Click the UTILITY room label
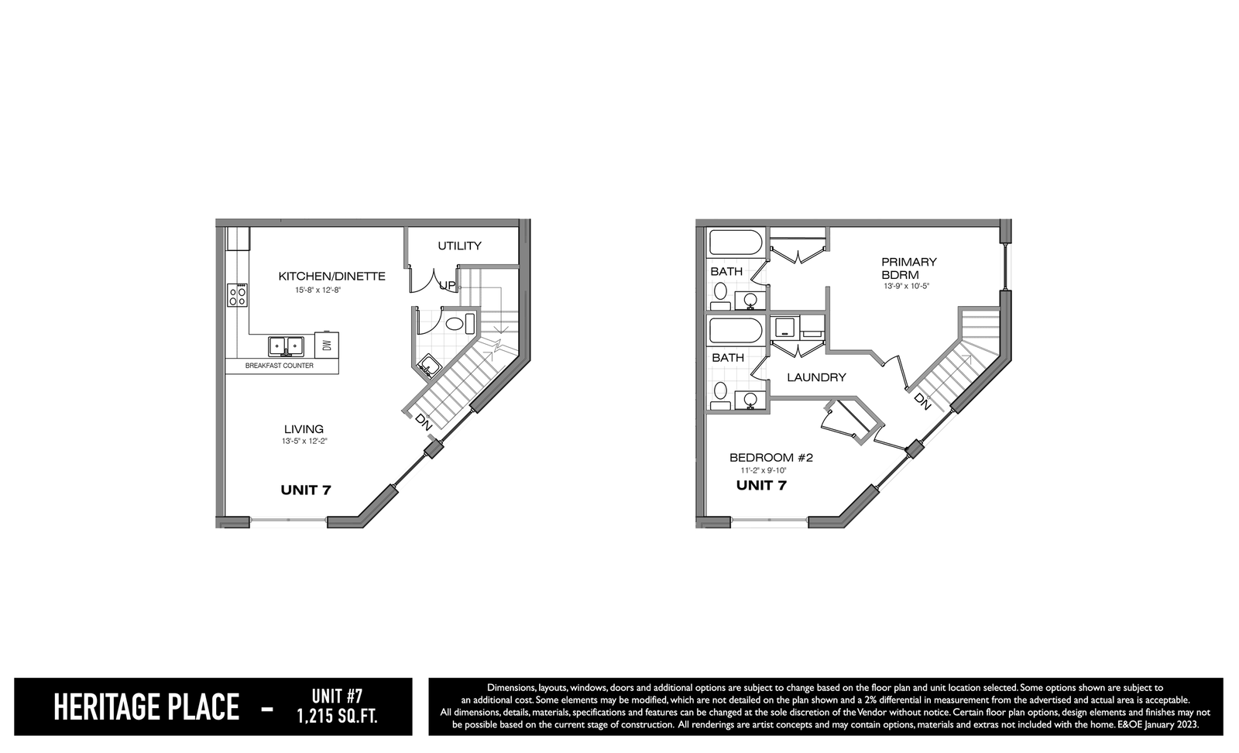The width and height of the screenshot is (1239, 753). click(459, 246)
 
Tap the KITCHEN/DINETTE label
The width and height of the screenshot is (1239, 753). click(332, 276)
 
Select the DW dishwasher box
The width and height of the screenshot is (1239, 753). click(327, 346)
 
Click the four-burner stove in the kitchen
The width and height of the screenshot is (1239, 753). click(237, 295)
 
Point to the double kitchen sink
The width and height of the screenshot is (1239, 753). click(286, 346)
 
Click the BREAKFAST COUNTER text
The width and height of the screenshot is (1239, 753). click(280, 366)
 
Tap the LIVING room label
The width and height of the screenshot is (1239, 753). click(304, 428)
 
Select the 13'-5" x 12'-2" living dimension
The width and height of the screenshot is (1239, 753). click(304, 441)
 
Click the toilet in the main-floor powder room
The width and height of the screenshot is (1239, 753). click(458, 324)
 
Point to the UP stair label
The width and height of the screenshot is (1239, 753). click(447, 286)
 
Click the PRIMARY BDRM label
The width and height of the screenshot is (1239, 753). click(909, 268)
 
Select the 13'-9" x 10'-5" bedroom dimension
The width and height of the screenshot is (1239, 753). click(907, 286)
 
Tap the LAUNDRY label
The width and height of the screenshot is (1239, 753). click(816, 377)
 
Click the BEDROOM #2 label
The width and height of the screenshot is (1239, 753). click(771, 458)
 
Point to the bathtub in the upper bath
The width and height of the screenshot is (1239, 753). click(736, 242)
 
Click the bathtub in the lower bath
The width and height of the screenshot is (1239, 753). click(736, 331)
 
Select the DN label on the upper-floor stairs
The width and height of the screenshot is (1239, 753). click(922, 401)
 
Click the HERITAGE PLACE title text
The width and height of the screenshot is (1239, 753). click(146, 707)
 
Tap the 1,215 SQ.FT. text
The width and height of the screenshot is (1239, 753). click(338, 717)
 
